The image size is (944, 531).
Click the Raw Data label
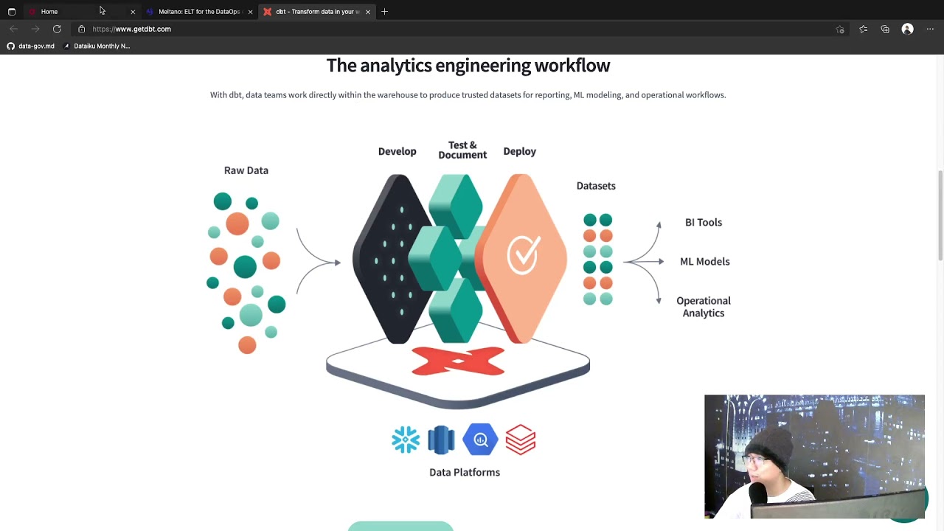246,170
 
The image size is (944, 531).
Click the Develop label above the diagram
397,151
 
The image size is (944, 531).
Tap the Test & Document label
462,150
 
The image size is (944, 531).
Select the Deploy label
519,151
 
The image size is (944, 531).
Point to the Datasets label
596,186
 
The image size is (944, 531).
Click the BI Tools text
703,222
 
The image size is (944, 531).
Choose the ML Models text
704,261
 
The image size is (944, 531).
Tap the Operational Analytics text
703,307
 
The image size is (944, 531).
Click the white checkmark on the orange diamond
524,254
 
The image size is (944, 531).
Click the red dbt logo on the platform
458,361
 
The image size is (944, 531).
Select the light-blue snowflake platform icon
406,440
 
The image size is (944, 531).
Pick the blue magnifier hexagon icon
480,440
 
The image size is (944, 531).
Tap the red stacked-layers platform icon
521,440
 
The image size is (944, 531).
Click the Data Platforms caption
465,472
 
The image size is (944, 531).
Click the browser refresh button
57,29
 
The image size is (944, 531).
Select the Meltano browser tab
198,12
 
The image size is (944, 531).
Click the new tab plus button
384,12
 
